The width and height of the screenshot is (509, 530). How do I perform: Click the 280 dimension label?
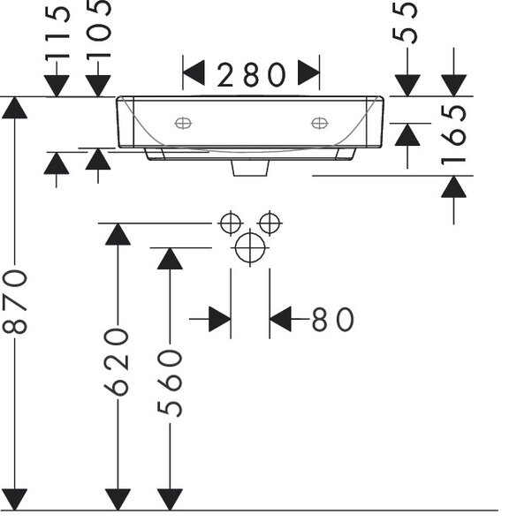(252, 75)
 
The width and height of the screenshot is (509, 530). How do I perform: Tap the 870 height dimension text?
(14, 301)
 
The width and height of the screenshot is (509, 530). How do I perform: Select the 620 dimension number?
(117, 362)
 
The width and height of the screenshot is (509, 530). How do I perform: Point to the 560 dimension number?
(170, 383)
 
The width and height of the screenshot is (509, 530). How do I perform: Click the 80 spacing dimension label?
(333, 320)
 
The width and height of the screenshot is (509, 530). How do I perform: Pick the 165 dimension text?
(453, 135)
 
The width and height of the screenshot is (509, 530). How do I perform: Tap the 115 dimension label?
(57, 33)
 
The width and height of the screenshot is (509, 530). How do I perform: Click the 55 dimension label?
(405, 22)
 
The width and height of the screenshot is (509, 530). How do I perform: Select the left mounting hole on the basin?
(183, 124)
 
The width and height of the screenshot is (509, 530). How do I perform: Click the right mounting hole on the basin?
(319, 124)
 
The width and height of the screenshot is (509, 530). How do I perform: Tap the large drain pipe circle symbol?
(250, 247)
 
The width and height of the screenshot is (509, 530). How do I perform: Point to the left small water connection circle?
(231, 223)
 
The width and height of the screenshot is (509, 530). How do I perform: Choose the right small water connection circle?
(270, 223)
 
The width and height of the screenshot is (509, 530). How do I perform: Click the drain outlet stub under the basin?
(250, 169)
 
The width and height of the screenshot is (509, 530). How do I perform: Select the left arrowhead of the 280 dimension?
(194, 72)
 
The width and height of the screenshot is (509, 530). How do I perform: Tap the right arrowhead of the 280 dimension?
(308, 72)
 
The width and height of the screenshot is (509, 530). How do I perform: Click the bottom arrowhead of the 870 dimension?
(14, 500)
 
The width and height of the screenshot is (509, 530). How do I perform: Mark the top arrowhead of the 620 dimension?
(118, 234)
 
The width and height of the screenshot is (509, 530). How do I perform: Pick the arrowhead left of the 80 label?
(220, 319)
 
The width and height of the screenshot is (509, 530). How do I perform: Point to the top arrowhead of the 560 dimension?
(170, 259)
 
